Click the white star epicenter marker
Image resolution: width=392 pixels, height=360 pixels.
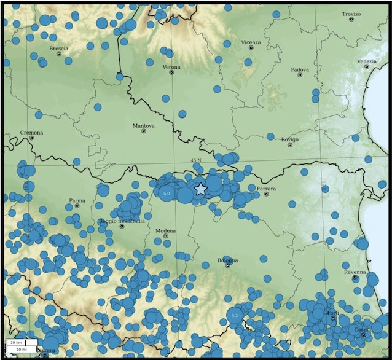tap(200, 189)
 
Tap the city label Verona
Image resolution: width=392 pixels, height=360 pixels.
tap(171, 66)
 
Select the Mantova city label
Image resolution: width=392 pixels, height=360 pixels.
tap(144, 125)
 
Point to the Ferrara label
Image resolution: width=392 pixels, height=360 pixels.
tap(267, 188)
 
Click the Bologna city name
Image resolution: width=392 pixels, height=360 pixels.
tap(227, 260)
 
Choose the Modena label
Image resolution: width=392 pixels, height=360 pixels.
tap(165, 230)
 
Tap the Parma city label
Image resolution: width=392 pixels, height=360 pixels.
tap(77, 200)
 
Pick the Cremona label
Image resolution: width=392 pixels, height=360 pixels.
tap(31, 132)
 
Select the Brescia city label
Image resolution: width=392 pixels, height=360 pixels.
tap(59, 48)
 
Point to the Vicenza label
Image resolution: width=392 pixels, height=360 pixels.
tap(251, 42)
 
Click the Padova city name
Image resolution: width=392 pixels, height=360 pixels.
tap(300, 69)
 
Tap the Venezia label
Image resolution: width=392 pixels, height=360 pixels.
tap(367, 61)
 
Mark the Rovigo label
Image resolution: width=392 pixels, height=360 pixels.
tap(289, 139)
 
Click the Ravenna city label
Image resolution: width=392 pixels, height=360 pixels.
tap(355, 272)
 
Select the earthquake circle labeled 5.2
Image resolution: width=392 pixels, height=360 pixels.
tap(234, 315)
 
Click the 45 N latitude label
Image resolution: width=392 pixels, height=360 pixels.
tap(195, 160)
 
